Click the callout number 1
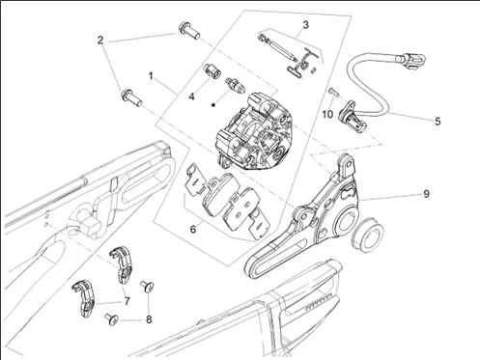tap(151, 76)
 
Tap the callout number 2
tap(100, 41)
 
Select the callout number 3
tap(305, 25)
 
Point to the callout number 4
tap(191, 97)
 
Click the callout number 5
tap(438, 122)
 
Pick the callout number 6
tap(193, 230)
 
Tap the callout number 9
tap(426, 194)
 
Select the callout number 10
tap(327, 114)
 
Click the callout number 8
tap(149, 319)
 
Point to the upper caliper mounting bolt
tap(188, 30)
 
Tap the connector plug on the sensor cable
tap(411, 61)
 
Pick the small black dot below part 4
tap(212, 104)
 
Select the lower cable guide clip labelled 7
tap(83, 297)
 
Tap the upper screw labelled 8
tap(147, 286)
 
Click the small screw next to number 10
tap(334, 92)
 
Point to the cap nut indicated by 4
tap(212, 70)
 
